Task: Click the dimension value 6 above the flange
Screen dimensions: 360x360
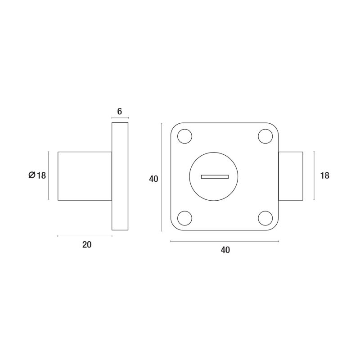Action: (x=120, y=112)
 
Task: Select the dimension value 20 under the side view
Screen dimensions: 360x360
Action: (x=87, y=245)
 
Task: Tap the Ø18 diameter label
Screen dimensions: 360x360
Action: (x=37, y=175)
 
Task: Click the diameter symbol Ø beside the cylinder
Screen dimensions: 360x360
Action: (x=32, y=175)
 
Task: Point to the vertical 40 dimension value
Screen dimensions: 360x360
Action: (x=153, y=179)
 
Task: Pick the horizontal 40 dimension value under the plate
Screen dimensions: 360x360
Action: (x=225, y=250)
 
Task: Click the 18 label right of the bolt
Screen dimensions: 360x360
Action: (x=324, y=175)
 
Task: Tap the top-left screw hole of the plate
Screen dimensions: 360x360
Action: (x=185, y=136)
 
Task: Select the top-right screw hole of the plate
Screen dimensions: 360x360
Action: (x=265, y=136)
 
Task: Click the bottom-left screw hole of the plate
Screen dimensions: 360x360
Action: (x=185, y=218)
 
